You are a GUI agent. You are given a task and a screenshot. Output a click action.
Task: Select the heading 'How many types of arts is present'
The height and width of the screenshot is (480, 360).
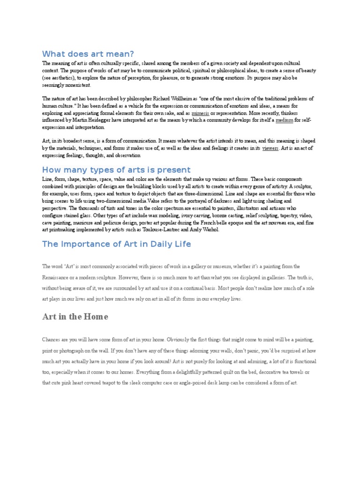[x=116, y=170]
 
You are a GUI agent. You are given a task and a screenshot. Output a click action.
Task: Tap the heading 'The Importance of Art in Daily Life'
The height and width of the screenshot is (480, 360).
[x=116, y=244]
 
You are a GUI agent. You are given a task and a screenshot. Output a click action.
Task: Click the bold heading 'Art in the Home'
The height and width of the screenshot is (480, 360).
[x=75, y=317]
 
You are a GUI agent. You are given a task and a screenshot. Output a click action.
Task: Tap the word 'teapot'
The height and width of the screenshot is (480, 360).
[x=121, y=382]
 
